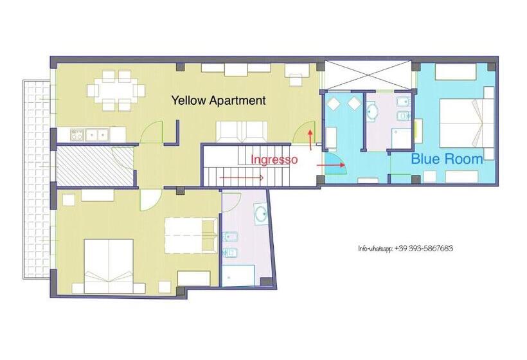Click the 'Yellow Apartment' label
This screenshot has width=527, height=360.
(219, 100)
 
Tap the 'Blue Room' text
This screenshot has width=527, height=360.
(447, 159)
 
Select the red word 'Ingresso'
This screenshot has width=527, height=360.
(274, 159)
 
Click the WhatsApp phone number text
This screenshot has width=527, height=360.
(406, 248)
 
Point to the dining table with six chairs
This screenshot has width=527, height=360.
(116, 91)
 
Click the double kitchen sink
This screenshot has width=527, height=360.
(97, 135)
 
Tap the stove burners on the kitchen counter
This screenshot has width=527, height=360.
(77, 135)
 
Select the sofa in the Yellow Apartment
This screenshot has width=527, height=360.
(242, 132)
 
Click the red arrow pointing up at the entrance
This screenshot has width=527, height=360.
(310, 139)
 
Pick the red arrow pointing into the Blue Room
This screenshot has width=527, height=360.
(331, 165)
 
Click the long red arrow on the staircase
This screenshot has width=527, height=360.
(241, 177)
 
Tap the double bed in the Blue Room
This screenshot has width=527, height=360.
(467, 123)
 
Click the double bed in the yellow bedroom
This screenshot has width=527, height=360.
(109, 266)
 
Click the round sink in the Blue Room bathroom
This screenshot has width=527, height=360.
(372, 111)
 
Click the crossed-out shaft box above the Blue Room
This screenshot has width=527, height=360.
(368, 75)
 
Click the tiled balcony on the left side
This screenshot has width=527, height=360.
(37, 179)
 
